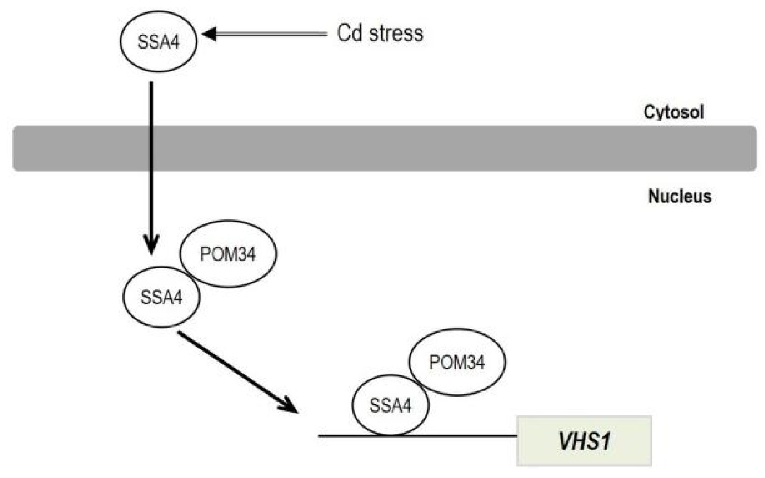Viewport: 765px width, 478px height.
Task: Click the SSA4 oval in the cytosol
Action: coord(158,42)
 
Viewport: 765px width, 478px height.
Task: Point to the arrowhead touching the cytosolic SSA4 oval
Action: coord(209,34)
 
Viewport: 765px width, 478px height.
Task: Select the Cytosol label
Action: coord(673,112)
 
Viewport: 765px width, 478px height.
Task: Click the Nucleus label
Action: coord(679,196)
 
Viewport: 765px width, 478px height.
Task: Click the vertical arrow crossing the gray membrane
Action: coord(152,147)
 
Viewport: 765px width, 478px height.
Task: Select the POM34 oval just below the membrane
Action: coord(228,254)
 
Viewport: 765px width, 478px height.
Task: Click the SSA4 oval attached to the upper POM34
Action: coord(161,297)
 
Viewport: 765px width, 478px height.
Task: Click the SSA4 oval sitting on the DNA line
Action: coord(390,405)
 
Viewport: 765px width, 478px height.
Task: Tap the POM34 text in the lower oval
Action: coord(456,363)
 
